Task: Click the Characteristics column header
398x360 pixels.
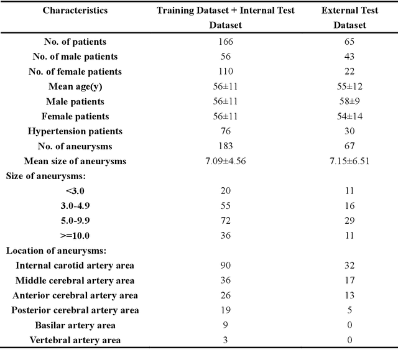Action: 75,11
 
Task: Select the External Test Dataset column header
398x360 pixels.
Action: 350,18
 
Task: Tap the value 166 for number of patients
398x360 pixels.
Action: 225,42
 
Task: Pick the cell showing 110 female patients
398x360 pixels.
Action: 225,72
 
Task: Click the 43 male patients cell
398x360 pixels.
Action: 350,57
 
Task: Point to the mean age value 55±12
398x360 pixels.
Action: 350,86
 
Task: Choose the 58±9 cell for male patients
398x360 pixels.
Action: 350,101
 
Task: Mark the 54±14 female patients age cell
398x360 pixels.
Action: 350,116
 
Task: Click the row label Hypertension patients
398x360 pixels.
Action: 75,131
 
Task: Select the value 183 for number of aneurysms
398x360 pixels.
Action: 225,146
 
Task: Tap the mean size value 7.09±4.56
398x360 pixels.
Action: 225,161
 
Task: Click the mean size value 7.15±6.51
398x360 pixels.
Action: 350,161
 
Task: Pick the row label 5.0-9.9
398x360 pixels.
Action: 75,221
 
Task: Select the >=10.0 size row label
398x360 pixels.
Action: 75,236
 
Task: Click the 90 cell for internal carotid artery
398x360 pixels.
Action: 225,265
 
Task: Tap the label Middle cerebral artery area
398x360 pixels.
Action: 75,280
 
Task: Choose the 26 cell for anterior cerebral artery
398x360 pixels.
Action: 225,295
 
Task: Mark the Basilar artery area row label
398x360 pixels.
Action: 75,325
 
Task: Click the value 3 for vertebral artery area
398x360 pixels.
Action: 225,340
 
